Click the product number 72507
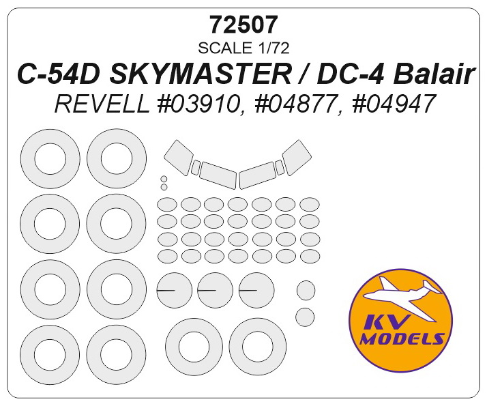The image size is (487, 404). [244, 25]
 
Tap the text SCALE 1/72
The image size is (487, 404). [244, 47]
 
